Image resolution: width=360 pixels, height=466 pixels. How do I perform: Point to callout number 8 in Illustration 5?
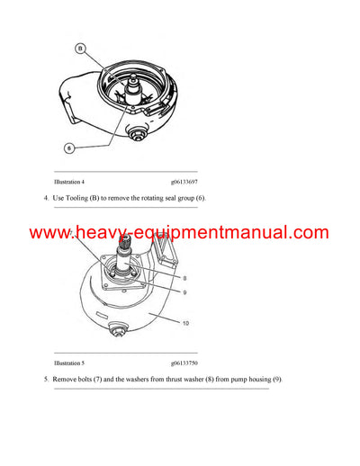click(184, 279)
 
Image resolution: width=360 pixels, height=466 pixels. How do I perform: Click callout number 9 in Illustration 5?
click(184, 291)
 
